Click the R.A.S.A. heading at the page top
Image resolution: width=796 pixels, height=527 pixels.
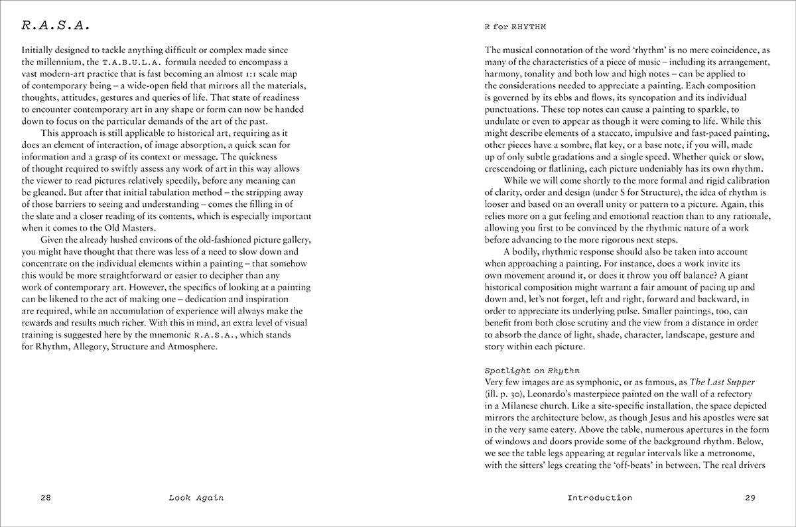click(x=56, y=27)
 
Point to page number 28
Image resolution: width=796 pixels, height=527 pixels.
click(x=46, y=498)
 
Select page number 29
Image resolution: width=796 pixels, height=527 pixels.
click(x=750, y=498)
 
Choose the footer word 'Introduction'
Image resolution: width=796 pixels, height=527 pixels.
click(x=600, y=498)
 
